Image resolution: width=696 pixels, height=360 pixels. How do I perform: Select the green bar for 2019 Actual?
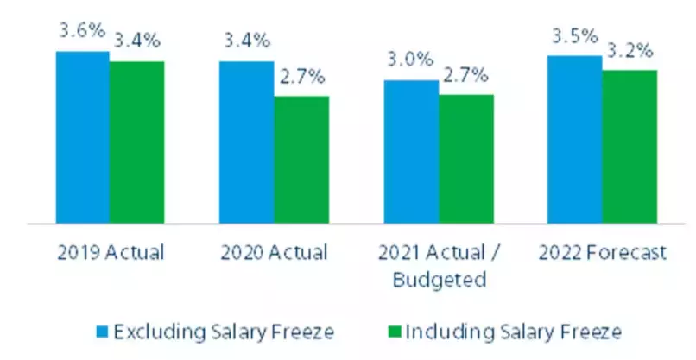(x=136, y=142)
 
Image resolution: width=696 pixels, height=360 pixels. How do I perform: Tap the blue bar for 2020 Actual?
(x=246, y=142)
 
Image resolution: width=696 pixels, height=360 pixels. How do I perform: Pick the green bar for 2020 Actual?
(x=301, y=159)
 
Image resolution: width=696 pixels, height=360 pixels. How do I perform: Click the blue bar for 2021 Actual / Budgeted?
(x=410, y=151)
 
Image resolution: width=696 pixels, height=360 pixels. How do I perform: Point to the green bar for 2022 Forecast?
(x=630, y=146)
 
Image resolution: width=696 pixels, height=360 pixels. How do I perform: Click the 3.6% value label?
(x=81, y=31)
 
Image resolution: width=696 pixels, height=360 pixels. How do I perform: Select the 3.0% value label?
(x=409, y=60)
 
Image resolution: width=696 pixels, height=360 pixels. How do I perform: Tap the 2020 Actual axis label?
(x=274, y=253)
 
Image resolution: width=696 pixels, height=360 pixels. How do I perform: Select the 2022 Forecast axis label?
(x=603, y=253)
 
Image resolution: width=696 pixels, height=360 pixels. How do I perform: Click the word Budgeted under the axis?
(x=438, y=280)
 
